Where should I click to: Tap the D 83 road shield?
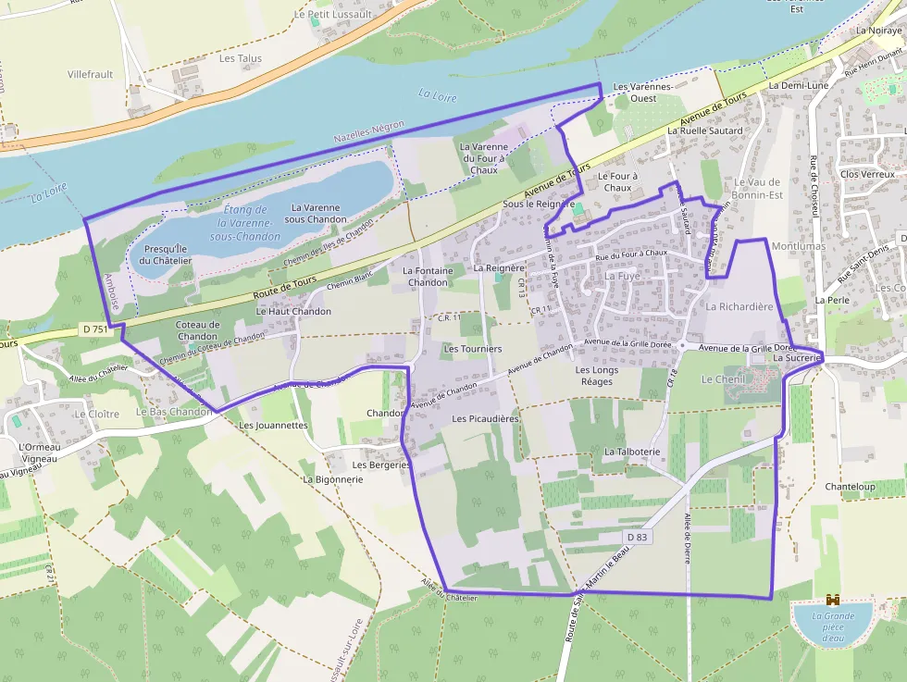click(637, 537)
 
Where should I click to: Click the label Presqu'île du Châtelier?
click(168, 254)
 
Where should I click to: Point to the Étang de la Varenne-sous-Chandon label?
click(245, 223)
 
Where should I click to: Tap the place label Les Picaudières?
click(485, 419)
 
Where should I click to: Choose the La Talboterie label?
click(632, 452)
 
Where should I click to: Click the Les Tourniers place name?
click(472, 349)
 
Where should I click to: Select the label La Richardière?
click(739, 306)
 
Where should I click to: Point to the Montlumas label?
click(798, 247)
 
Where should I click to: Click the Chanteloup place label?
click(849, 486)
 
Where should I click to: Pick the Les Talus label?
click(241, 58)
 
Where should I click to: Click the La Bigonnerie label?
click(333, 479)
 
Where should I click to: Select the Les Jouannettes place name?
click(273, 426)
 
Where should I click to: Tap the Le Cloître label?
click(97, 414)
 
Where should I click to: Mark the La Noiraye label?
click(878, 31)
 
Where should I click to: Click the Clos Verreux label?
click(867, 174)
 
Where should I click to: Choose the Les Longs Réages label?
click(596, 376)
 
